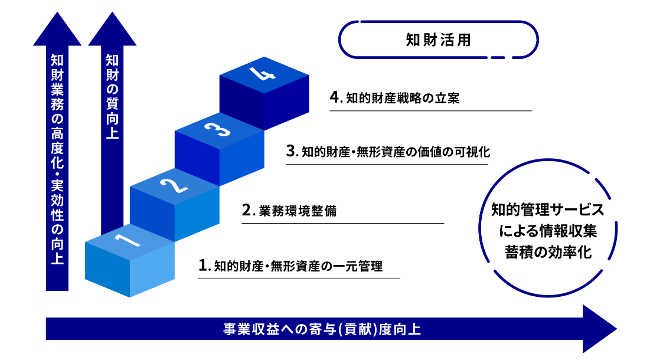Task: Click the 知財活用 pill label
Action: point(438,40)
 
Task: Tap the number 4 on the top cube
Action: point(262,74)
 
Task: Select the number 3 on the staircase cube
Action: point(218,129)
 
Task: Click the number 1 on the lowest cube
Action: point(128,240)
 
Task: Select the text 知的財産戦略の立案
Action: point(403,98)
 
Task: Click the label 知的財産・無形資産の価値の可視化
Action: point(396,152)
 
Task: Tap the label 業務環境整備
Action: point(298,211)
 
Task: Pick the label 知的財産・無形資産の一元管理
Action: point(299,266)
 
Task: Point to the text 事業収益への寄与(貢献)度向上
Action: point(322,329)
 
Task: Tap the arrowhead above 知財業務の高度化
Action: point(57,28)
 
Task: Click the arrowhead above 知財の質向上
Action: point(112,28)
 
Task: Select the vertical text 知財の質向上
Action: point(112,97)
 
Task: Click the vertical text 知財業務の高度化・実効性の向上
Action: point(57,159)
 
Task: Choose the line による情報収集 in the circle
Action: point(548,231)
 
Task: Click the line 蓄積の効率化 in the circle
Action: point(548,252)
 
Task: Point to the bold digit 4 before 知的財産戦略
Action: point(335,97)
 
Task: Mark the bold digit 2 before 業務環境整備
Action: point(247,210)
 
